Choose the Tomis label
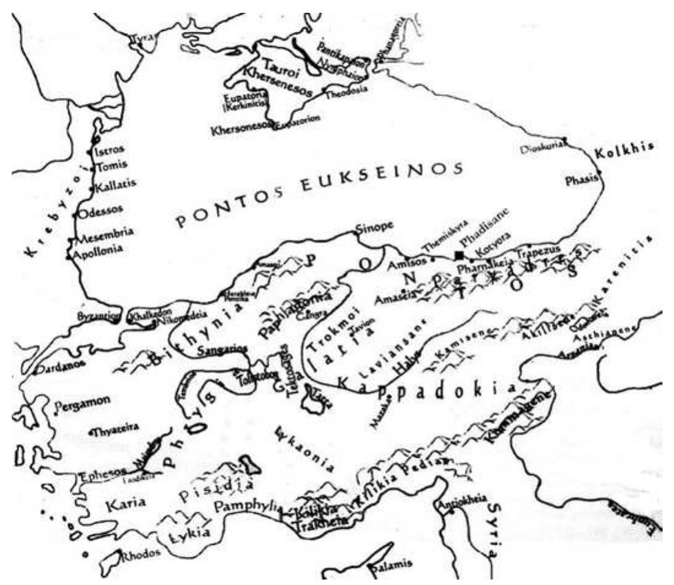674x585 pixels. tap(112, 165)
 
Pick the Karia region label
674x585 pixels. tap(124, 505)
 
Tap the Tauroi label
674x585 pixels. tap(279, 64)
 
